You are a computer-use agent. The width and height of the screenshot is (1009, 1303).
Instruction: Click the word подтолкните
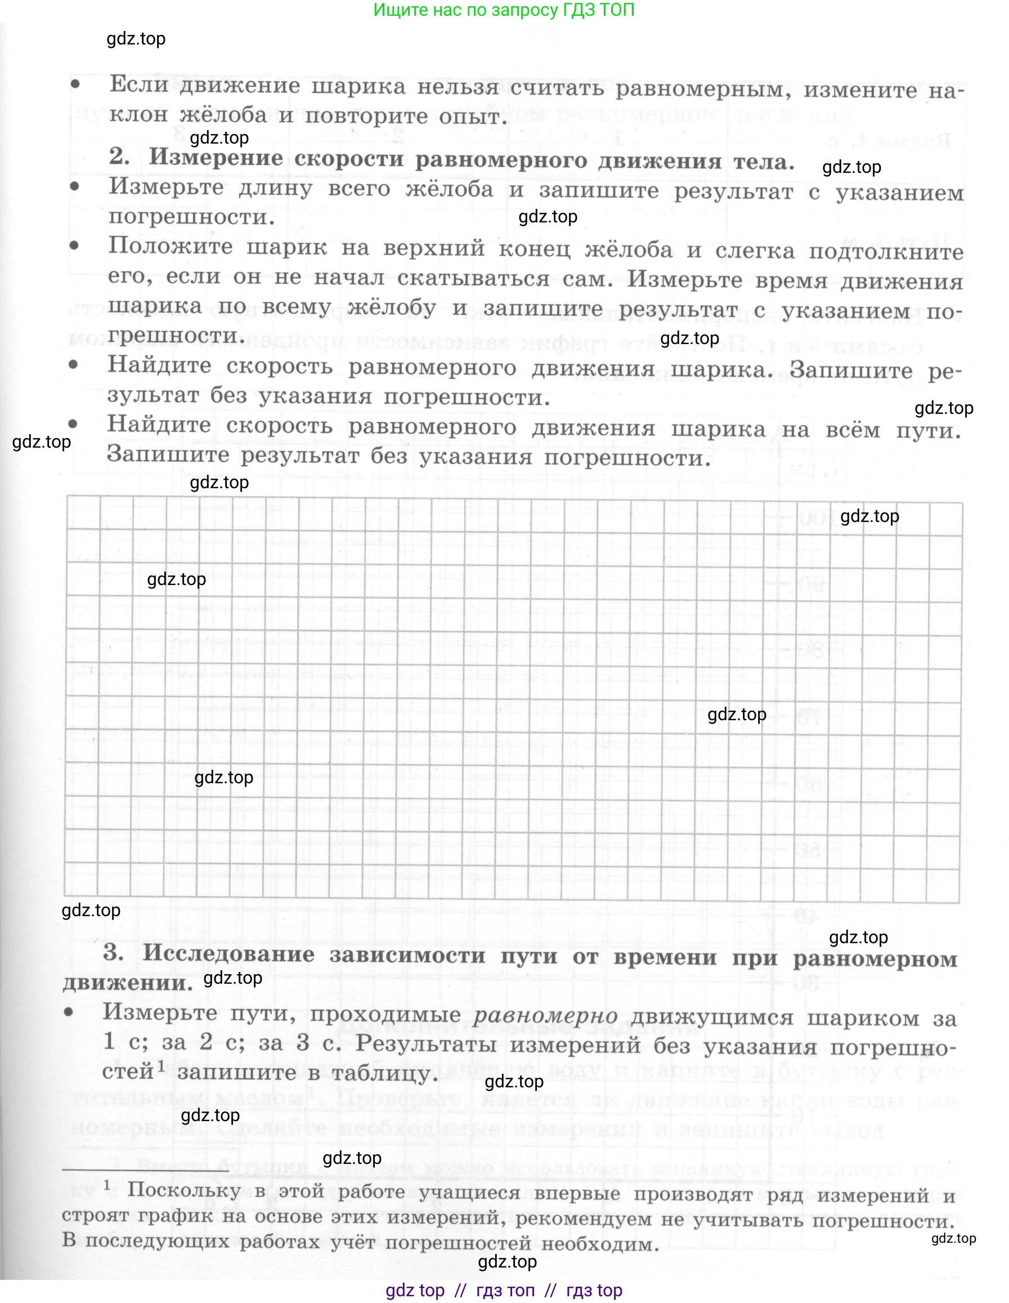886,252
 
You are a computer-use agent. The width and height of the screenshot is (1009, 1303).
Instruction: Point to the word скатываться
473,279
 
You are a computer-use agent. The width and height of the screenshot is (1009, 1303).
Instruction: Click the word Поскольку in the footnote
184,1190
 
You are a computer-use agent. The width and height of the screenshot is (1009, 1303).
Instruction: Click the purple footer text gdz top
415,1291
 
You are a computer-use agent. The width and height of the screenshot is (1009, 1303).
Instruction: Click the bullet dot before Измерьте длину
74,186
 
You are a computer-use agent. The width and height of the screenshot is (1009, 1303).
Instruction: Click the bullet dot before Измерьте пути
69,1012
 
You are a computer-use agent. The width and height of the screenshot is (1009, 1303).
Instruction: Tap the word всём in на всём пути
852,430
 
